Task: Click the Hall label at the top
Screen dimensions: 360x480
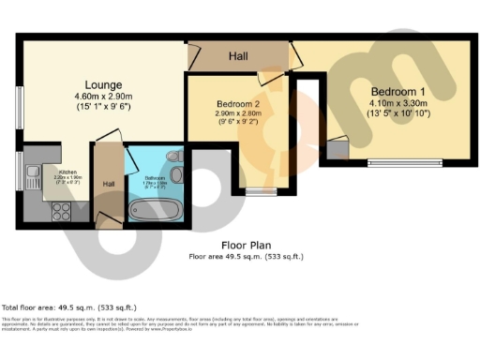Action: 238,57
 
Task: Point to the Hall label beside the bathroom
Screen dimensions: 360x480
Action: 109,184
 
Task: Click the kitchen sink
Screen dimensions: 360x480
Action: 31,172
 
